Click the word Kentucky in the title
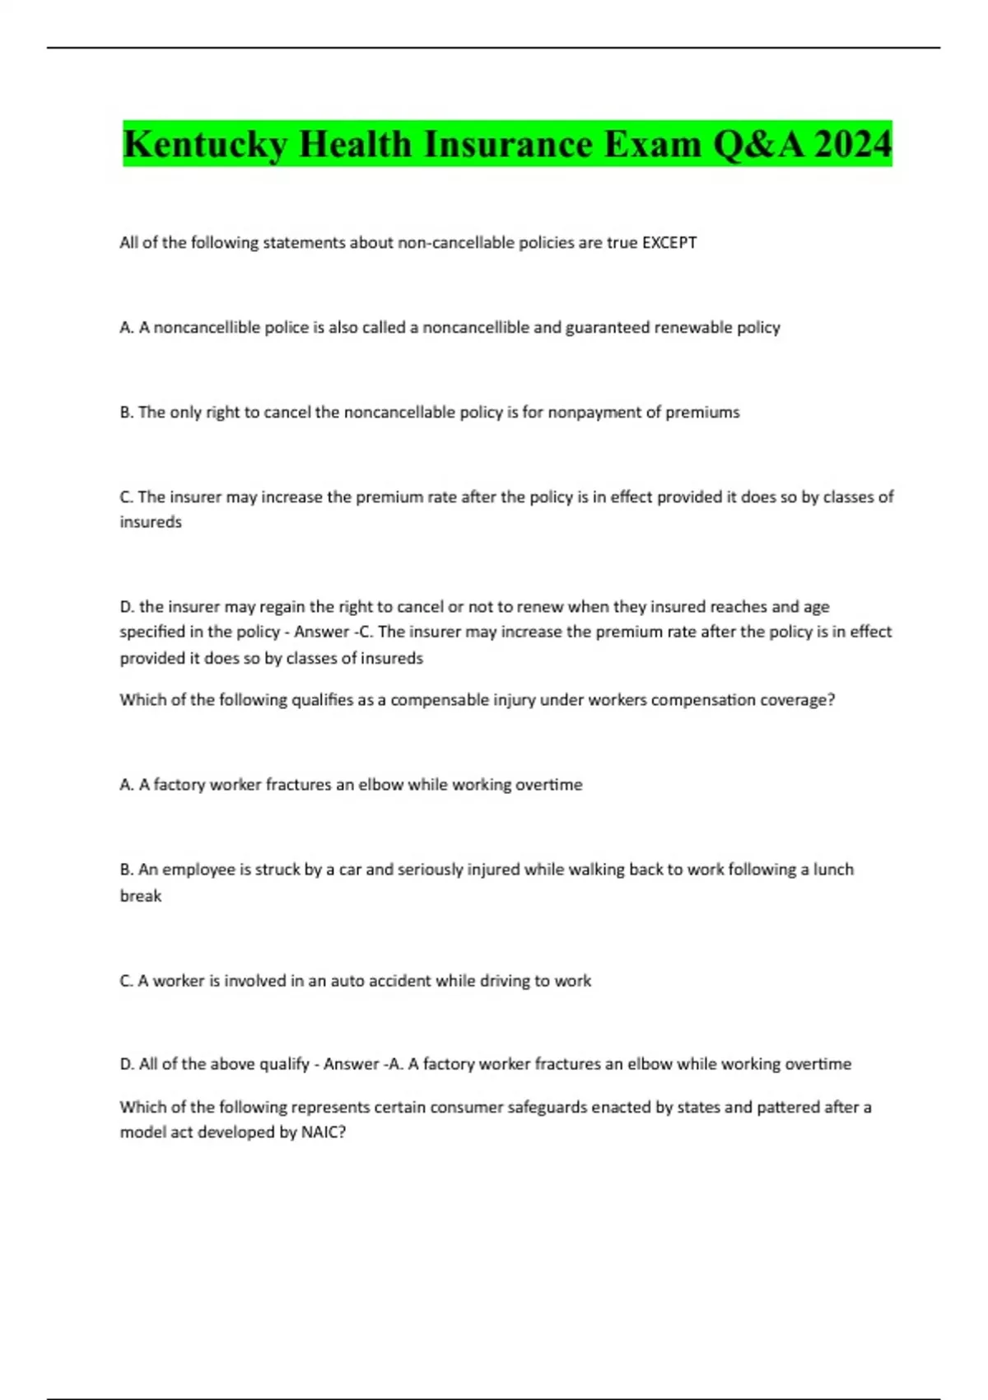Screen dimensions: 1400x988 click(x=205, y=145)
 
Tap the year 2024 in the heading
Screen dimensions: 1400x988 click(x=851, y=145)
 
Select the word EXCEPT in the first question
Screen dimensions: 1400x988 click(x=669, y=243)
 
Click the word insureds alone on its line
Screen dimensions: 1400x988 click(x=151, y=522)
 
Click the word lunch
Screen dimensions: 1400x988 click(x=833, y=870)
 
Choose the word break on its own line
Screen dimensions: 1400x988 click(x=141, y=896)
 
